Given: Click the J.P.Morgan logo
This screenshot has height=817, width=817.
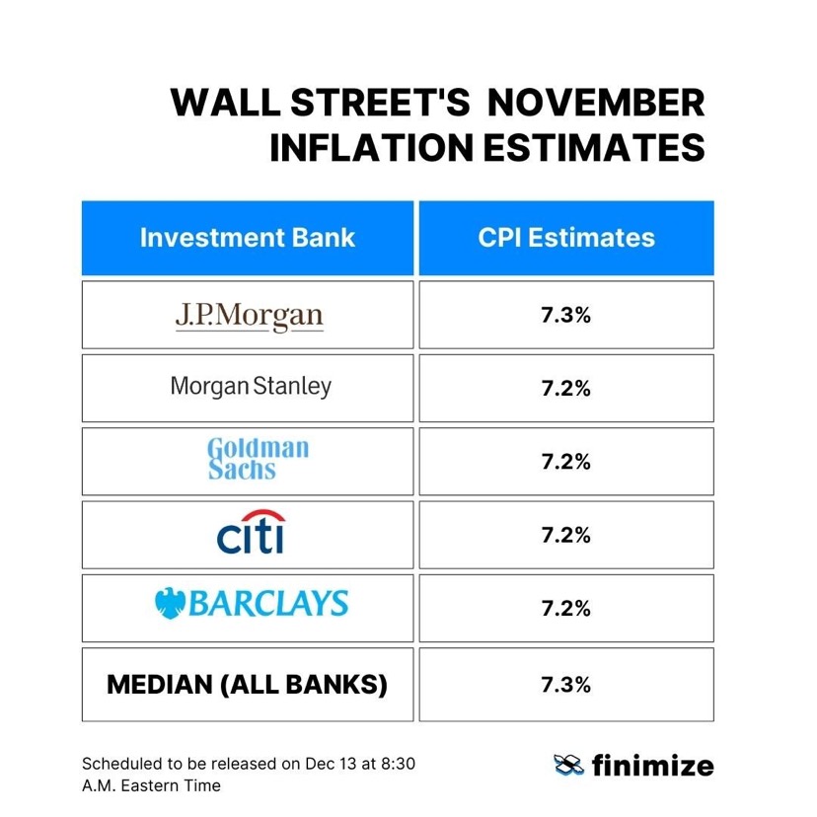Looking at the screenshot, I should coord(249,316).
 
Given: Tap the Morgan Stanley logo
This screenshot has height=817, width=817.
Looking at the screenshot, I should coord(251,386).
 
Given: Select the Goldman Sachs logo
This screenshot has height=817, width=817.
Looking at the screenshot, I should coord(258,459).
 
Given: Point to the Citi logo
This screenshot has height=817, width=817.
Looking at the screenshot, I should coord(251,534).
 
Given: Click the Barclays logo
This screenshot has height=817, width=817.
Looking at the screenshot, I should coord(252,603).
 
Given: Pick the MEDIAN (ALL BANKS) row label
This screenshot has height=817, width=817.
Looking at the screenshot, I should coord(247,684).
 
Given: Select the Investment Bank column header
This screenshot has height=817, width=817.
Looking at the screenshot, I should coord(247,238).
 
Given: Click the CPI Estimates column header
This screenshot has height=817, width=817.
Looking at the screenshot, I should coord(566,238).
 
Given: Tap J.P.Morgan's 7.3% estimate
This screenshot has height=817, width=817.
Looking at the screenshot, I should coord(566,316).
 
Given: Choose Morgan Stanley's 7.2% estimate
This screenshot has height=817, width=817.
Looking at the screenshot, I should coord(566,389).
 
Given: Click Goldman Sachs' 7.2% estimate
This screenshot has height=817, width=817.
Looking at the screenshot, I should coord(566,462).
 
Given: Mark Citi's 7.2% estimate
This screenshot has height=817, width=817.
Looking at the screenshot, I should coord(566,535).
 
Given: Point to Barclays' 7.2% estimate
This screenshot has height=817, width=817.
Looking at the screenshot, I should coord(566,608).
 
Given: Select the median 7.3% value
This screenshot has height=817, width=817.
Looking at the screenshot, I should coord(566,684).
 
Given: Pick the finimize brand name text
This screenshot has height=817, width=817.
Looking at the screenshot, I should coord(652,765).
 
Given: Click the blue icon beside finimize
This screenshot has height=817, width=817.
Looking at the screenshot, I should coord(569,765).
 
